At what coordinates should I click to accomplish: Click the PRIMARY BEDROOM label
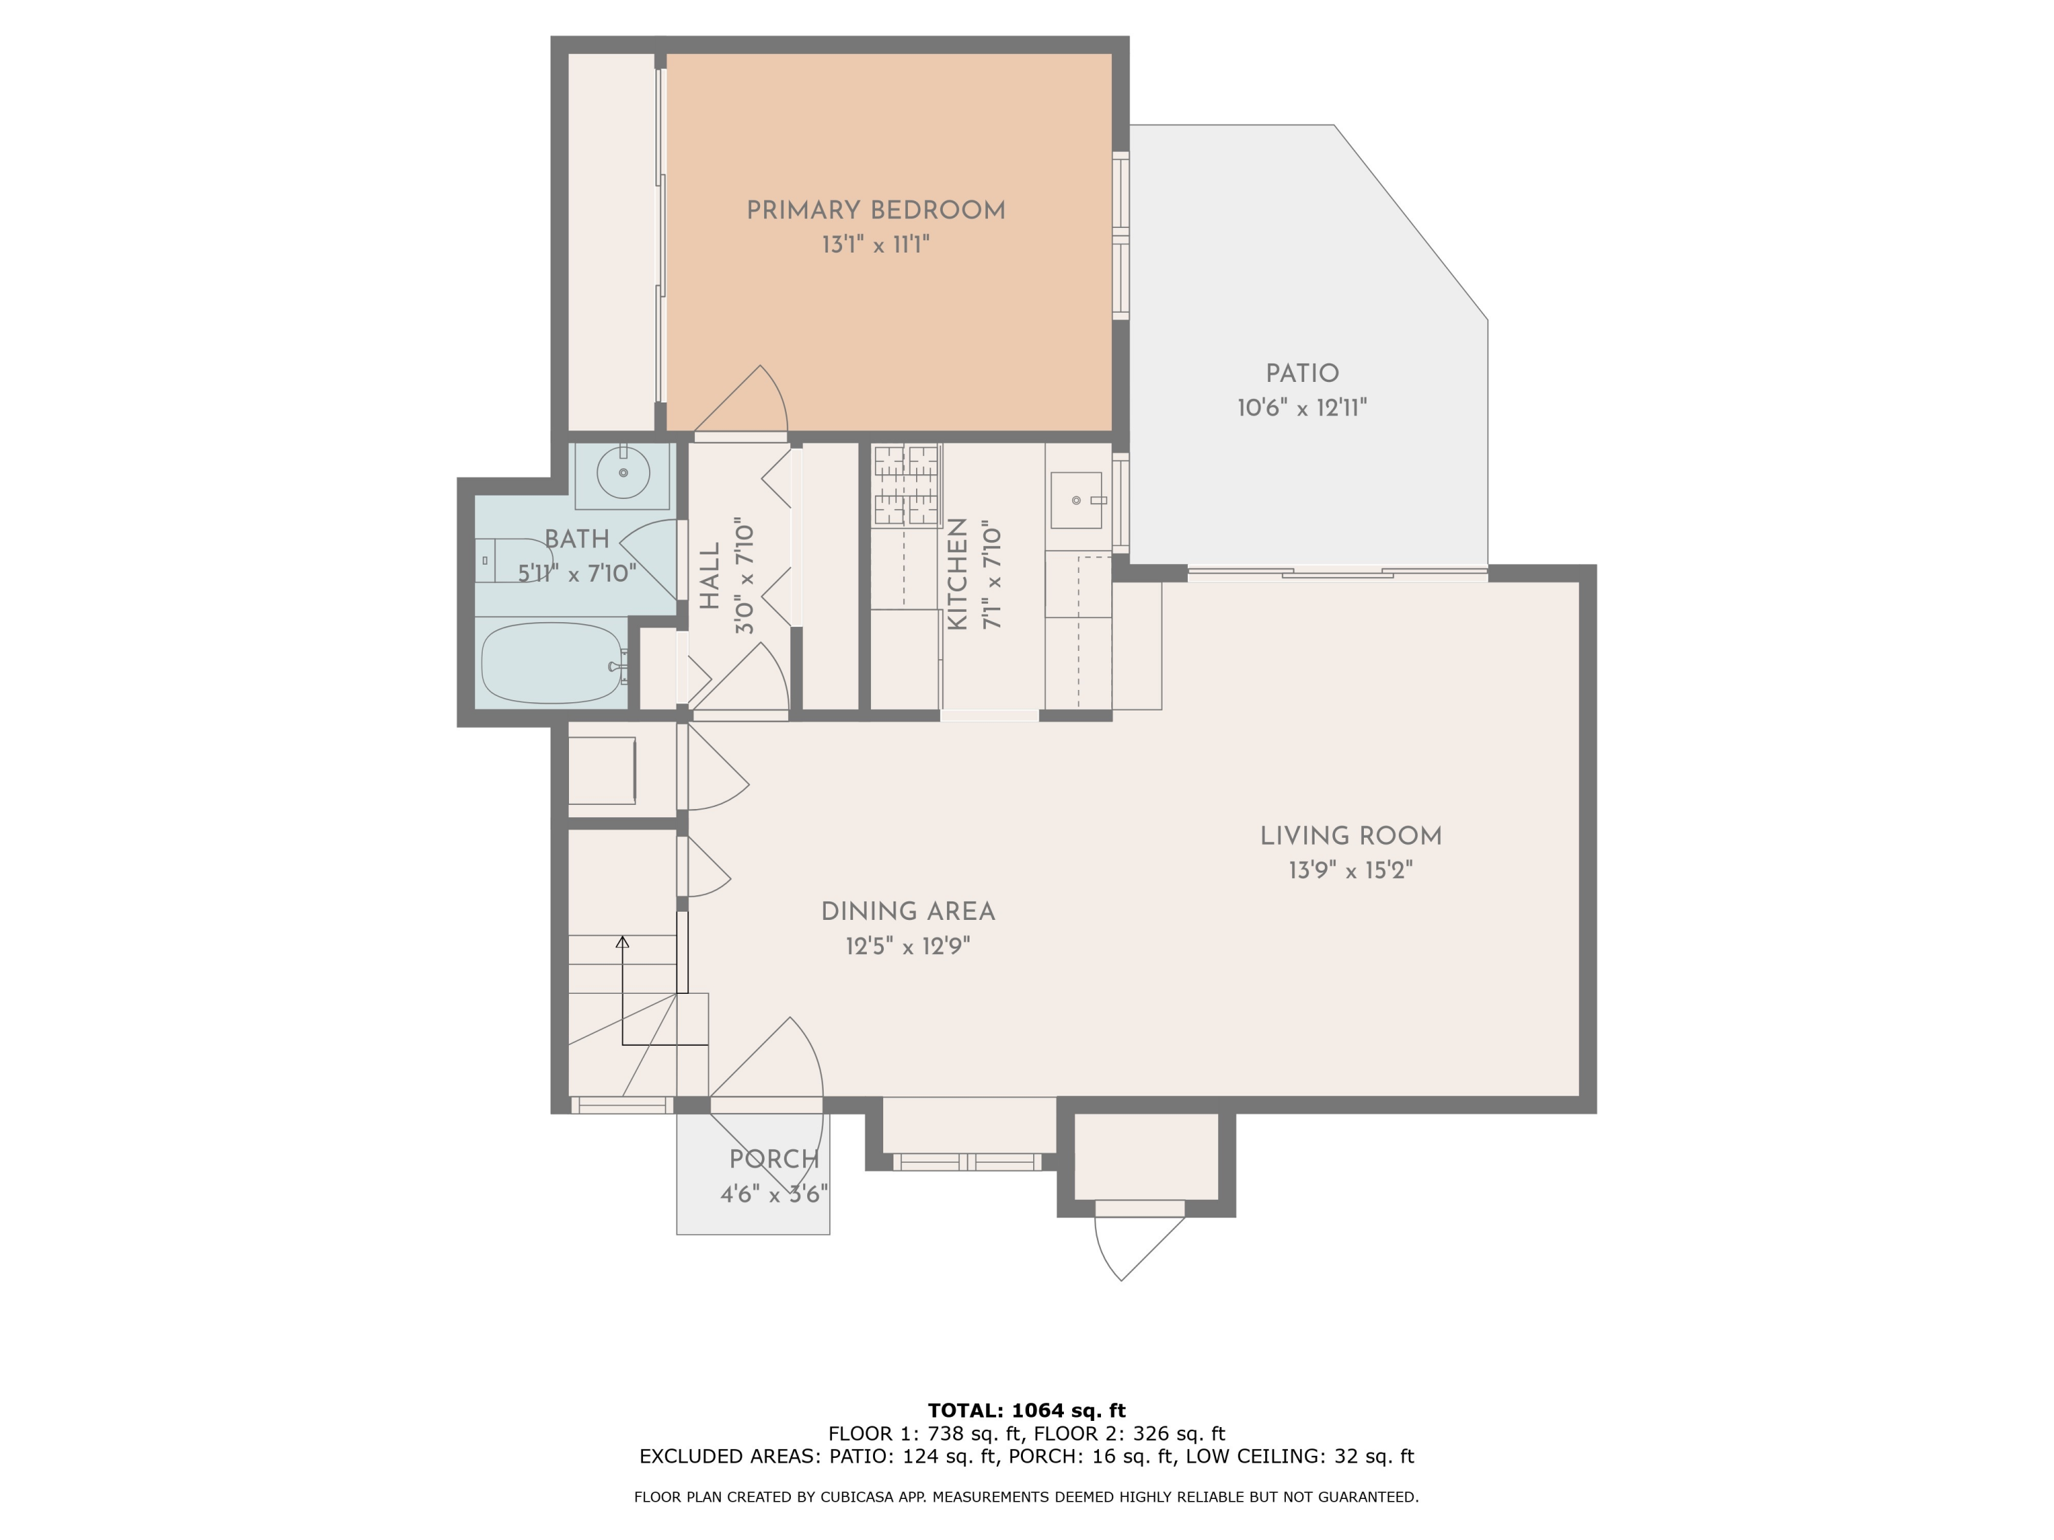(x=876, y=211)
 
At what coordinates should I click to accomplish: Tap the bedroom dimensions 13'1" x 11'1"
(x=876, y=245)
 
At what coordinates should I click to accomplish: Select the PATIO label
(x=1302, y=373)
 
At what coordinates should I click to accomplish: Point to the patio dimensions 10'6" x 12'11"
(x=1302, y=407)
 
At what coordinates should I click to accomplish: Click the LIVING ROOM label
(x=1350, y=836)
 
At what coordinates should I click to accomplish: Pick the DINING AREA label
(x=907, y=912)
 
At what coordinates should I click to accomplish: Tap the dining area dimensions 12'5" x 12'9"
(x=907, y=946)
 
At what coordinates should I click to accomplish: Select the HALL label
(x=709, y=576)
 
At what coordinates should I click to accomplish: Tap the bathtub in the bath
(x=552, y=663)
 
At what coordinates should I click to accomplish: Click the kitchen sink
(x=1076, y=500)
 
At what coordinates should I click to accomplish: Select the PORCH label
(x=774, y=1159)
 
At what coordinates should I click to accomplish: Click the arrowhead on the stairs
(x=623, y=942)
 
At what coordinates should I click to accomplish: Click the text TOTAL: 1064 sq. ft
(x=1026, y=1411)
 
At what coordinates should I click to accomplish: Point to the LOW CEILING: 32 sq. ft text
(x=1300, y=1456)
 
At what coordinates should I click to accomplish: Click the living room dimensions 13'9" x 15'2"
(x=1350, y=871)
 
